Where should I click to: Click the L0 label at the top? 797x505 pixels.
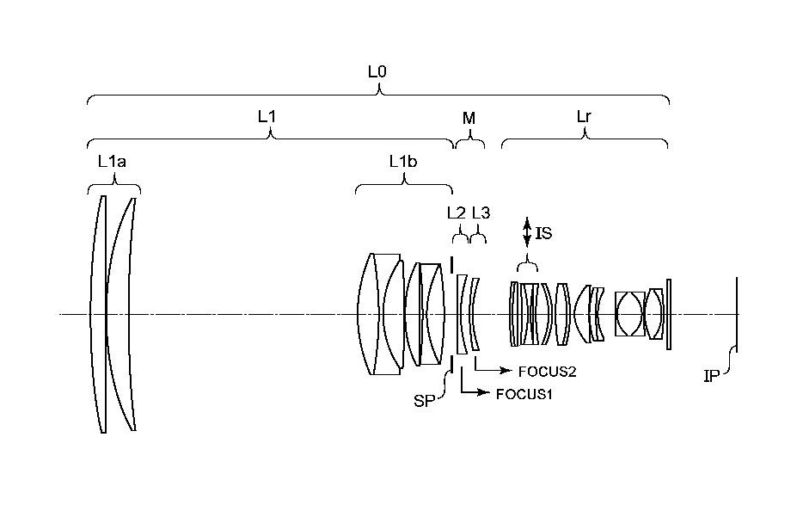[x=377, y=71]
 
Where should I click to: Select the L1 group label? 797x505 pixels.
[x=267, y=117]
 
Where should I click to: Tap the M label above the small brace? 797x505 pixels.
[x=469, y=119]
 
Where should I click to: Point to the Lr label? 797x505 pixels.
[x=584, y=117]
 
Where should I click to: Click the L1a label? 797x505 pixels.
[x=113, y=162]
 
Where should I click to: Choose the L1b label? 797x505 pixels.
[x=403, y=162]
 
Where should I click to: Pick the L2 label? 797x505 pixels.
[x=457, y=213]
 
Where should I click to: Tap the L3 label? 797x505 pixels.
[x=481, y=213]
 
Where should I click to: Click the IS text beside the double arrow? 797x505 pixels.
[x=543, y=233]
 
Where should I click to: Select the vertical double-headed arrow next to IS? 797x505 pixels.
[x=527, y=233]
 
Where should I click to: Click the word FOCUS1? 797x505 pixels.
[x=524, y=394]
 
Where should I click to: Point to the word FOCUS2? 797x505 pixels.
[x=547, y=372]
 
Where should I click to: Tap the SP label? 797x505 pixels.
[x=425, y=401]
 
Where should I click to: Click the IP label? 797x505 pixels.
[x=711, y=377]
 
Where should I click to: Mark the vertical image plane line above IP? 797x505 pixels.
[x=737, y=315]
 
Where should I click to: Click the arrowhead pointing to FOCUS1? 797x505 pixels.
[x=486, y=392]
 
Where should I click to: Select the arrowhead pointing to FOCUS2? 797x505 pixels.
[x=506, y=371]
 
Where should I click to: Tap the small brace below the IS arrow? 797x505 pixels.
[x=527, y=265]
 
